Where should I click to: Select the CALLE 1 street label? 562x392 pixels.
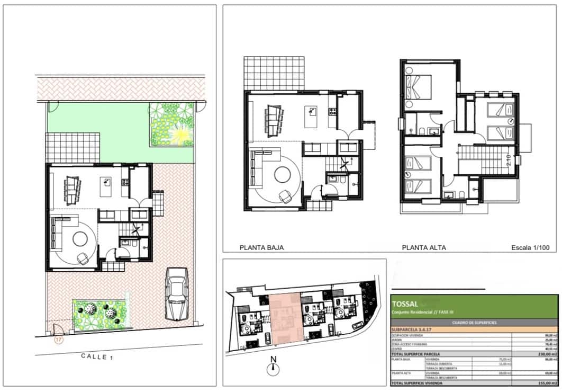[x=97, y=357]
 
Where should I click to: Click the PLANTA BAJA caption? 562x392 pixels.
[x=261, y=247]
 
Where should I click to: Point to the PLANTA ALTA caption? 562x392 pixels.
[x=423, y=247]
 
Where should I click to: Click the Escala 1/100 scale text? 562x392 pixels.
[x=531, y=247]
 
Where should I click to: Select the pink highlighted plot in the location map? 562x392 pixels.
[x=285, y=318]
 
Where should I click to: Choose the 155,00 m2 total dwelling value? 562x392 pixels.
[x=545, y=382]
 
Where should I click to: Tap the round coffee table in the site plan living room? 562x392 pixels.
[x=81, y=239]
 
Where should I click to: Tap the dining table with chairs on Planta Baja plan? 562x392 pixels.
[x=274, y=118]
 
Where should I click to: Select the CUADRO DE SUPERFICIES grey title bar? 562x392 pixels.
[x=474, y=322]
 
